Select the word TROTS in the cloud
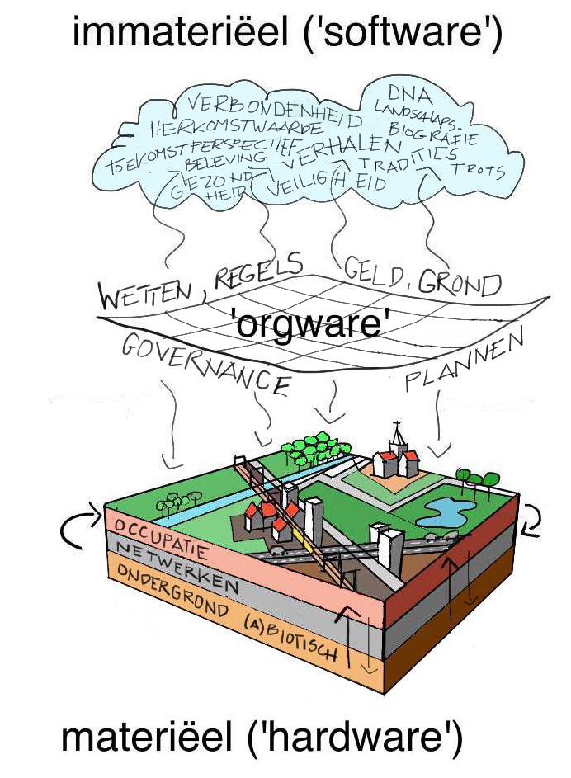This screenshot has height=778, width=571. point(478,170)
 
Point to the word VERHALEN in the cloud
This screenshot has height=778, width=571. point(345,149)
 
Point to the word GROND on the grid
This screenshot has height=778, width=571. point(459,285)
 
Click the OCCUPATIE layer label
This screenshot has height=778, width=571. point(162,535)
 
